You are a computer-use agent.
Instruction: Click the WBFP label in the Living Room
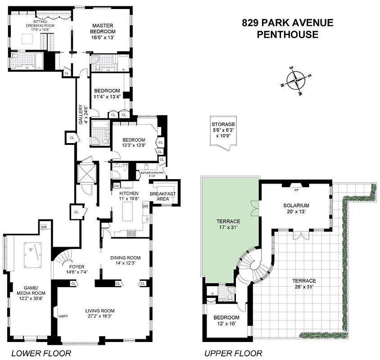pos(62,317)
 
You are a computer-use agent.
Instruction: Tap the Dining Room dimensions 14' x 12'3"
pos(126,264)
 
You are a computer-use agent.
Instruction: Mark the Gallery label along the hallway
pos(81,114)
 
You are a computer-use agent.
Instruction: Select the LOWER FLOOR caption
pos(41,353)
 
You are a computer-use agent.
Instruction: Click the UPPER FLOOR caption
pos(233,353)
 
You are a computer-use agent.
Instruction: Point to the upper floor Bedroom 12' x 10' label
pos(226,320)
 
